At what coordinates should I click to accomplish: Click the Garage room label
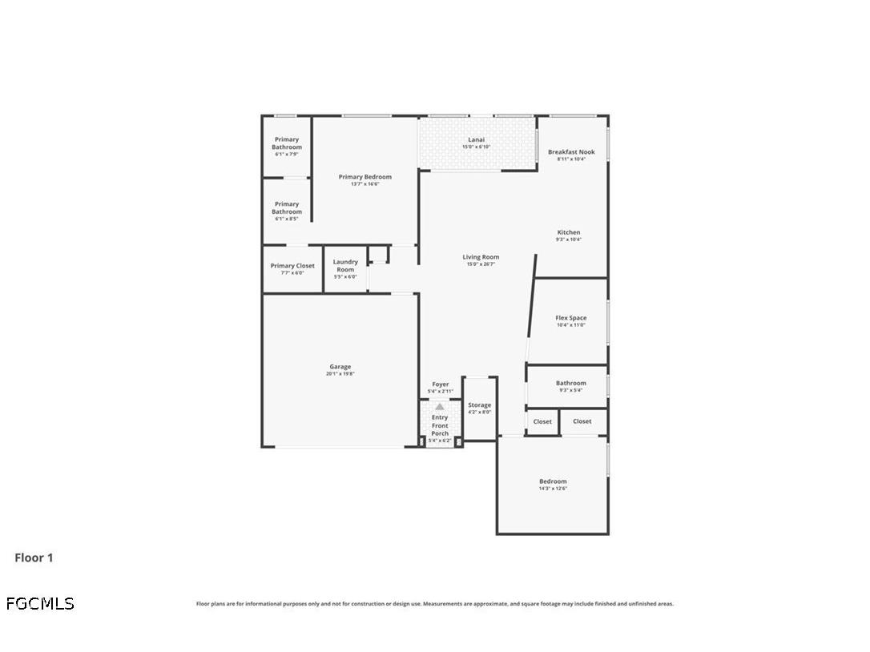[340, 367]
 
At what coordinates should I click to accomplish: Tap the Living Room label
[481, 257]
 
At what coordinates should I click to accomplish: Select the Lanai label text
[476, 139]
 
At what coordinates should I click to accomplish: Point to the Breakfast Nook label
[571, 151]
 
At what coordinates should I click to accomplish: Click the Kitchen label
[569, 232]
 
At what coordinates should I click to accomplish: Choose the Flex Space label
[571, 318]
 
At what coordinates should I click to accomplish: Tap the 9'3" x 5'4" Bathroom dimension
[571, 390]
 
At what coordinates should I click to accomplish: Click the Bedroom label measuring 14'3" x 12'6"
[553, 481]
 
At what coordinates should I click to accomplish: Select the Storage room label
[480, 405]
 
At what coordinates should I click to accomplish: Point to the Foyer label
[441, 384]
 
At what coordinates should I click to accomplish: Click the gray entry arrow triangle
[439, 407]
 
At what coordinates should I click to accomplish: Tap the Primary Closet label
[292, 266]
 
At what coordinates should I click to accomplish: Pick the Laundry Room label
[345, 266]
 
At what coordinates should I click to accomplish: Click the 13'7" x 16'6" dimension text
[365, 184]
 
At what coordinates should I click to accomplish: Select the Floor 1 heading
[34, 557]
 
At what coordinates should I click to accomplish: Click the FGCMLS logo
[40, 603]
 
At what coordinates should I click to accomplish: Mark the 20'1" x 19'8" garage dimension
[340, 374]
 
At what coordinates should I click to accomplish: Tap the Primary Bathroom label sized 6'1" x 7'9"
[287, 143]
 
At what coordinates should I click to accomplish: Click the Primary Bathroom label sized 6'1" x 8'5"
[287, 208]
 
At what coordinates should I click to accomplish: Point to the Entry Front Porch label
[440, 425]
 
